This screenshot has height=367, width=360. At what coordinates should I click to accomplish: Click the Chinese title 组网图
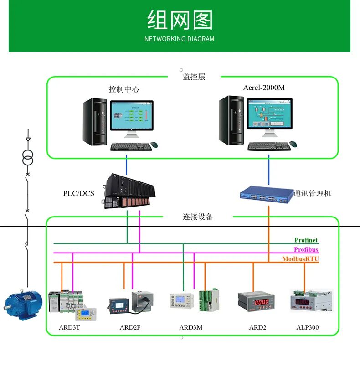(180, 21)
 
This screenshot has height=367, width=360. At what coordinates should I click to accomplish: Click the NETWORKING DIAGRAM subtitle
(180, 39)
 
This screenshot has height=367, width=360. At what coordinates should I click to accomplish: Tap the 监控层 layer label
(194, 77)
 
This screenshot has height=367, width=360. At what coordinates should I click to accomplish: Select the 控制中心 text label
(123, 89)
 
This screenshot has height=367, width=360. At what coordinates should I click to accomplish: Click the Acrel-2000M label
(263, 88)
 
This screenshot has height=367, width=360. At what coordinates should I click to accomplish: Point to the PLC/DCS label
(78, 193)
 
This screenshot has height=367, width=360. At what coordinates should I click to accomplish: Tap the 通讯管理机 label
(313, 193)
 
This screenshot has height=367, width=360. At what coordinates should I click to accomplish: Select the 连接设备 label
(198, 217)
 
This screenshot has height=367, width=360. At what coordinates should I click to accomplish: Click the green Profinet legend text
(306, 240)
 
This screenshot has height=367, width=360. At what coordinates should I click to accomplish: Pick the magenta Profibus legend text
(306, 249)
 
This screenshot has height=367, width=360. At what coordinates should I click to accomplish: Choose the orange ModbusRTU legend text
(300, 258)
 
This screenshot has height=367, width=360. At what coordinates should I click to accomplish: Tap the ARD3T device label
(69, 327)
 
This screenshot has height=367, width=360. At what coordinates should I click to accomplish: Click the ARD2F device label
(130, 327)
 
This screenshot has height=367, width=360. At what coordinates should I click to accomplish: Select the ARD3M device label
(190, 327)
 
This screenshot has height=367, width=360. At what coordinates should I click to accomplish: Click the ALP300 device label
(308, 327)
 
